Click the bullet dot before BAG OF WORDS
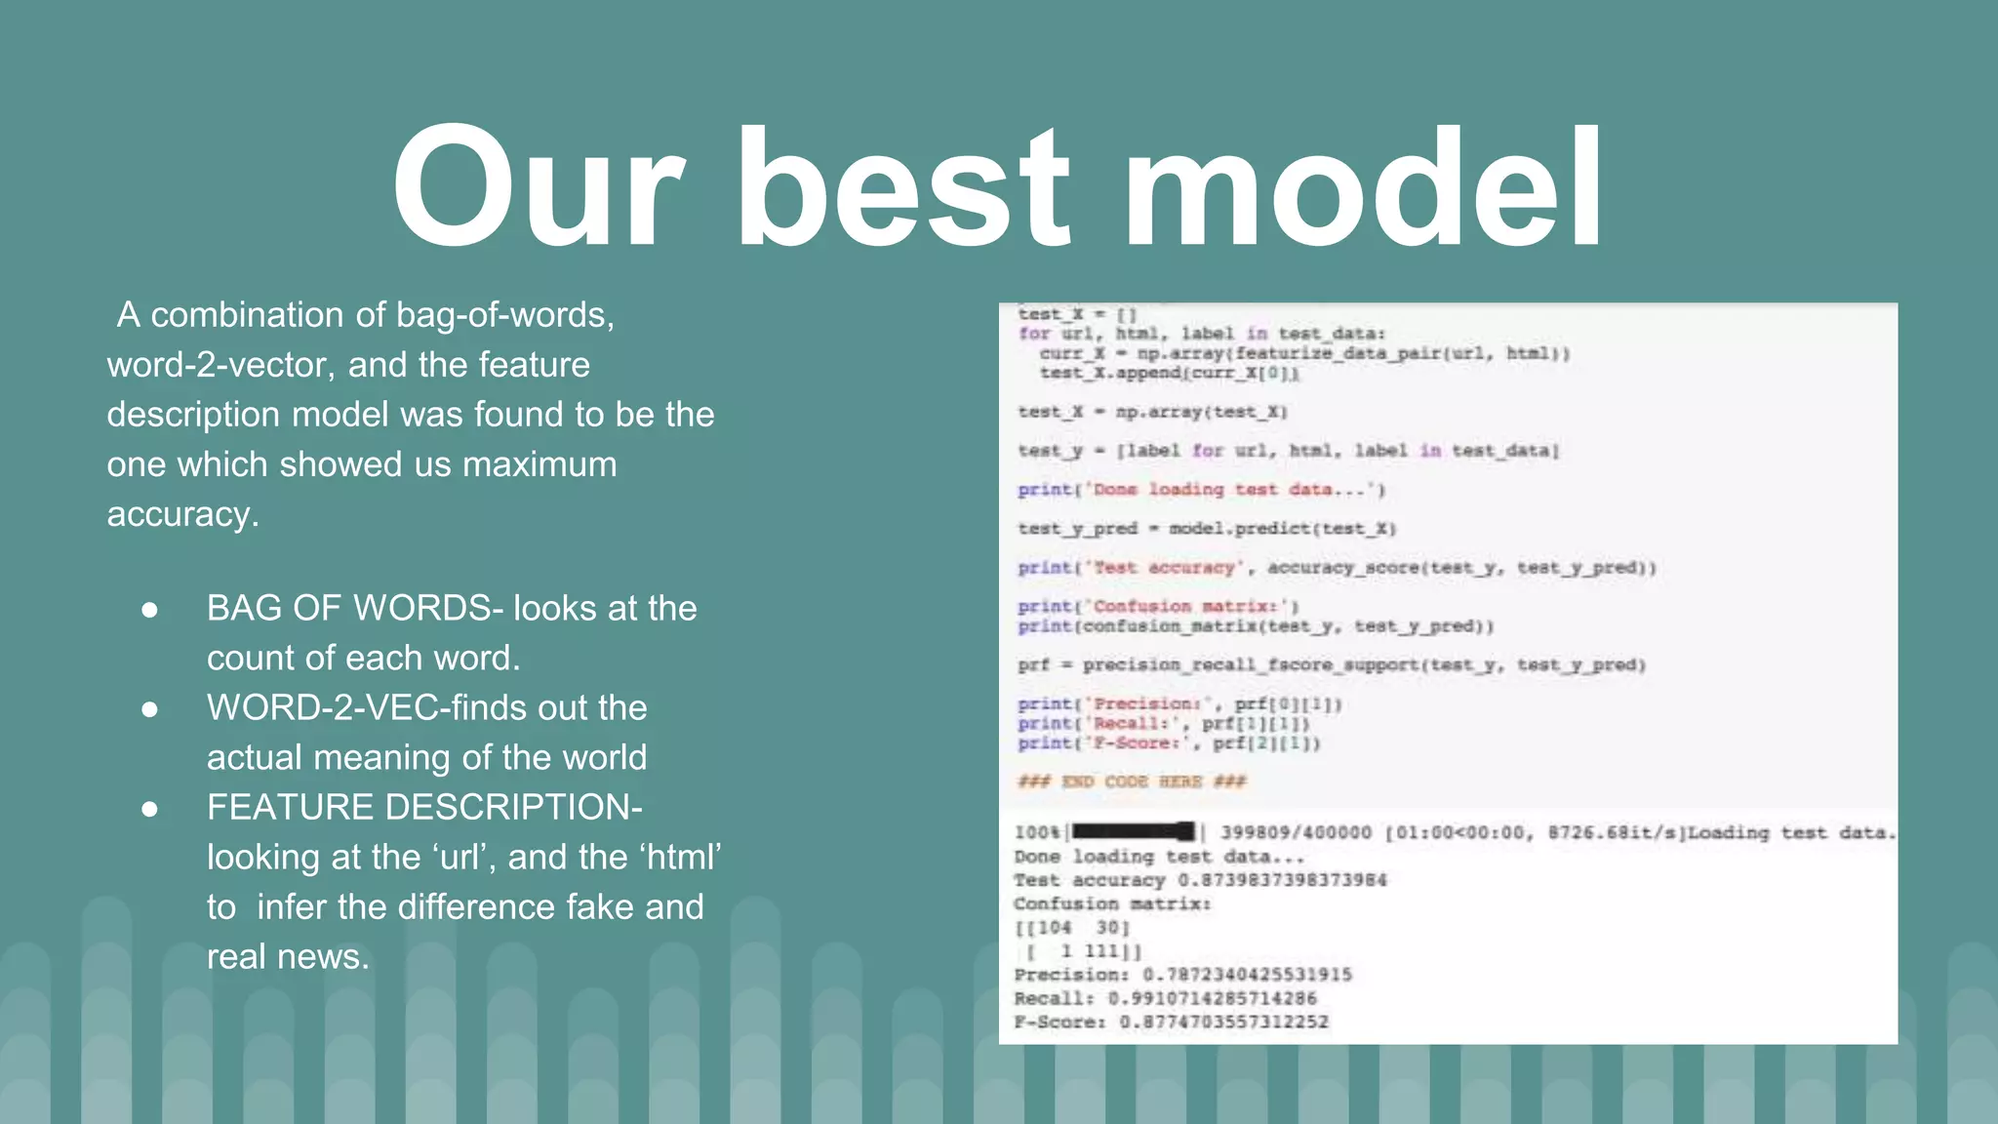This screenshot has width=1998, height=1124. coord(149,610)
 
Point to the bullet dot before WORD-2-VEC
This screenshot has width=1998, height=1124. coord(149,709)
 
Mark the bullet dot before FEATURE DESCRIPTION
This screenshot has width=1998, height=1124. coord(149,809)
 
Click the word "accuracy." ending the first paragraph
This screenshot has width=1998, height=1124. coord(183,514)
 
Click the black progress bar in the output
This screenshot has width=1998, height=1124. coord(1133,832)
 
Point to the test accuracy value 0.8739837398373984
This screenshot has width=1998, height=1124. coord(1281,880)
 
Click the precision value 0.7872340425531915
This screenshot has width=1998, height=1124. coord(1247,975)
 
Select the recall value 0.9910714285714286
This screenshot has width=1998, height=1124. coord(1212,998)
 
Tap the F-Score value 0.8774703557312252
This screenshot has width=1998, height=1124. coord(1223,1022)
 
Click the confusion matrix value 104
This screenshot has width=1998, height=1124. coord(1054,928)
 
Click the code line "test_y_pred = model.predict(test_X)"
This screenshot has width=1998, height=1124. coord(1207,529)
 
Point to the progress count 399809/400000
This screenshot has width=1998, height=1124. coord(1296,832)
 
